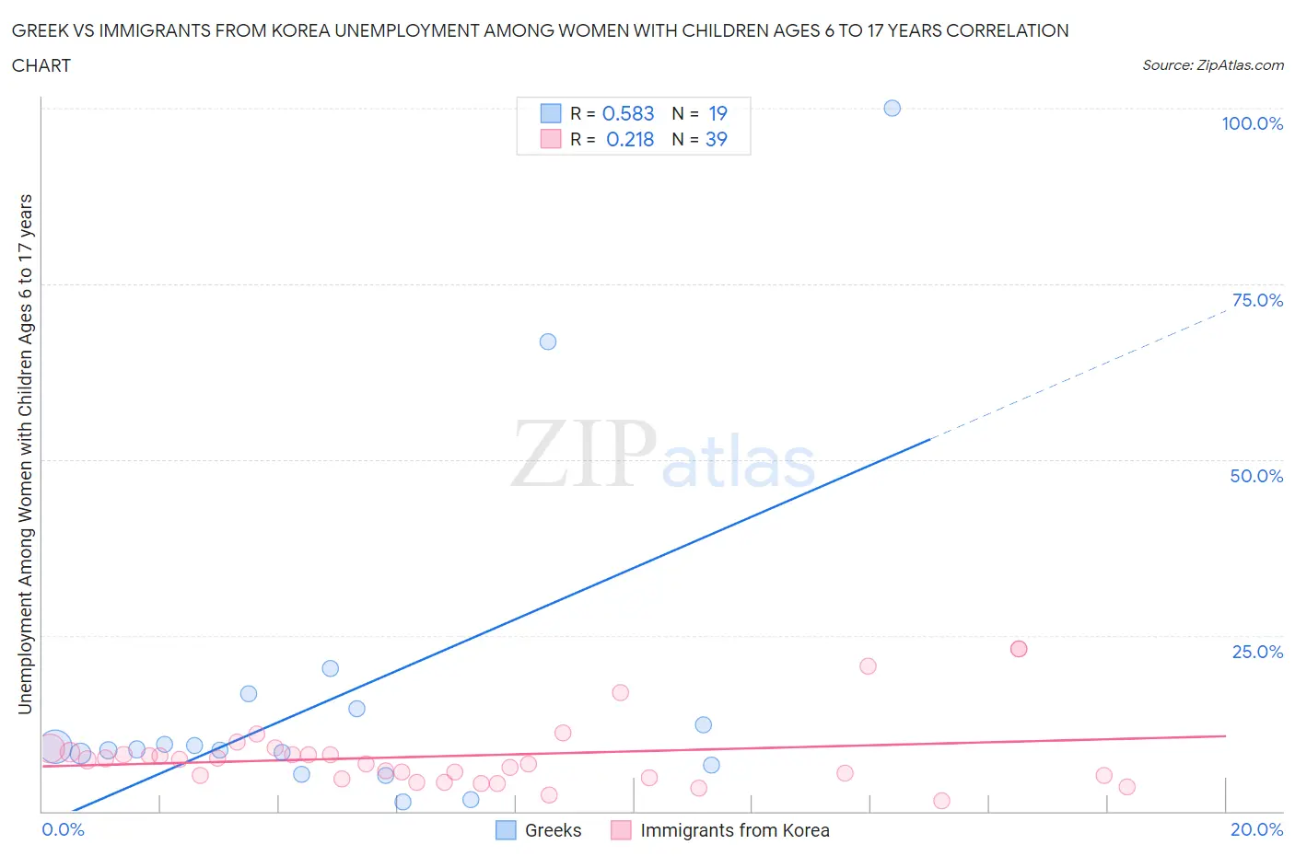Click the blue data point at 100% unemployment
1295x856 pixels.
892,108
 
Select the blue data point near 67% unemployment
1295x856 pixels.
547,341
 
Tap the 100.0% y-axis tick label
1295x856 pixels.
1252,123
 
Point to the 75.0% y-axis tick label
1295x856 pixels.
1257,300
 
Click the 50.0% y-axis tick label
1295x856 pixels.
1256,476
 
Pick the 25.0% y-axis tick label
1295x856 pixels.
1257,652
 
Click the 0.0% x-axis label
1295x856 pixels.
63,829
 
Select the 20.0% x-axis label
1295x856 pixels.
1256,829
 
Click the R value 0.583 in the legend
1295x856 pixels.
628,113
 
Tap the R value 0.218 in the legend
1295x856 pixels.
630,139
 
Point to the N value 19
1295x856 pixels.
717,113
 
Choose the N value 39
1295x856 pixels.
716,139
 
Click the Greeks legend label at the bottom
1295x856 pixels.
553,830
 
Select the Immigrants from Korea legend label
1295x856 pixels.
734,830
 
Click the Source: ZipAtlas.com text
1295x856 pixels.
1212,64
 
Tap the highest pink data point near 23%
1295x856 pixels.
1018,649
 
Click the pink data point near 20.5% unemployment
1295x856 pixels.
867,666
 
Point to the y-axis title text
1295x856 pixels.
25,454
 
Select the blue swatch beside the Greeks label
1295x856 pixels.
506,830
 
